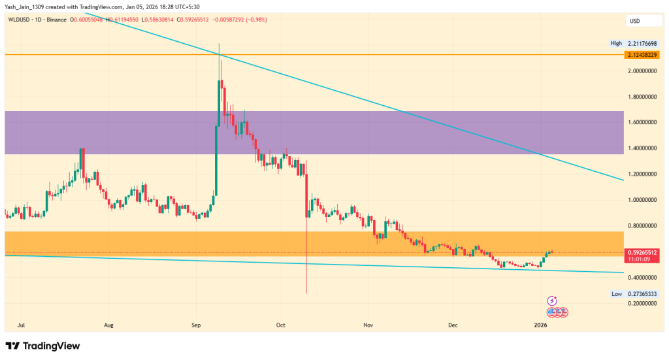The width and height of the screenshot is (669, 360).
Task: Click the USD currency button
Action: (x=634, y=21)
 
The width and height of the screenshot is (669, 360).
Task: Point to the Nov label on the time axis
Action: (x=368, y=324)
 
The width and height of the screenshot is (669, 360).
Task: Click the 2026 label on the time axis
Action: (x=540, y=324)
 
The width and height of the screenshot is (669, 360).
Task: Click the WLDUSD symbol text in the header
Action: (x=19, y=20)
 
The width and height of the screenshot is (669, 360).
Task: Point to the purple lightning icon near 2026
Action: (x=552, y=301)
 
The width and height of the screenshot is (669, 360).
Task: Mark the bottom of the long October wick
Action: (x=306, y=293)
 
